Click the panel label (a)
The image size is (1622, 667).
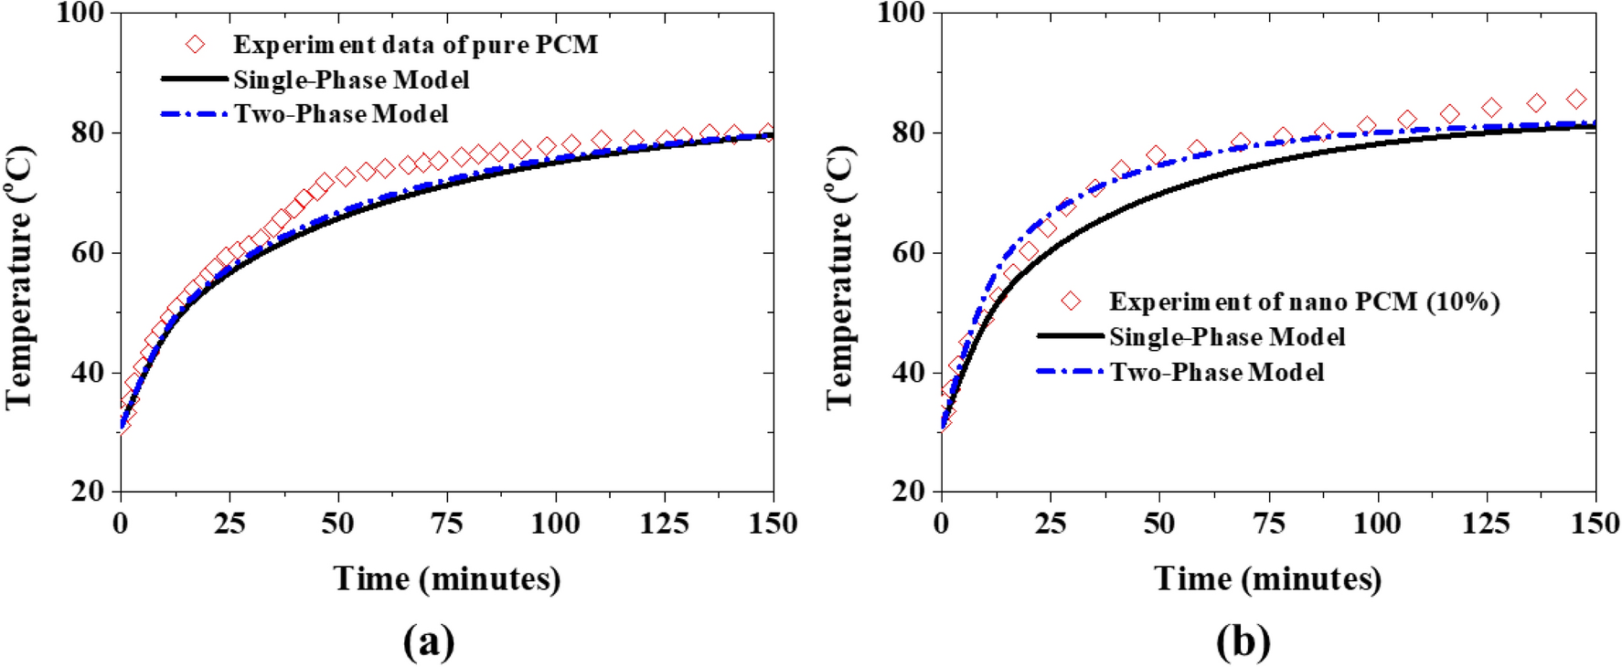point(428,642)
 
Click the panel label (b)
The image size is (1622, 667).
point(1243,642)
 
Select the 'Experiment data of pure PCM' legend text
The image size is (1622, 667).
point(415,45)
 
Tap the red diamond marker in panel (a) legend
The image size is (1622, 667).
point(195,44)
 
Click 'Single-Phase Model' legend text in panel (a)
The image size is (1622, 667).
point(351,80)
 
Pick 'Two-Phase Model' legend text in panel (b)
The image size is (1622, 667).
point(1217,373)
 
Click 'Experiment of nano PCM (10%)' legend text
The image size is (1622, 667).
point(1304,302)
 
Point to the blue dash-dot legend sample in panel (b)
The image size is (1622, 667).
point(1070,372)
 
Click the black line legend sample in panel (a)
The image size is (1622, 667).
point(194,79)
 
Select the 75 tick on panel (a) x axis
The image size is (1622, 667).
point(446,524)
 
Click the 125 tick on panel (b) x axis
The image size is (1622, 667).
point(1486,524)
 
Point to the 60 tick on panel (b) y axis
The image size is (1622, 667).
point(909,253)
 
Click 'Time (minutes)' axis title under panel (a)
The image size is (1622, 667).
point(446,579)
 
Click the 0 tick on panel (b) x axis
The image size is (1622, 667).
point(941,524)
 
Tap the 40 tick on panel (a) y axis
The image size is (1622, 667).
point(88,374)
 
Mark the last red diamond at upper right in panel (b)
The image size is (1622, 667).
point(1576,99)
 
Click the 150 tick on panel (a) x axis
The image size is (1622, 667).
point(773,524)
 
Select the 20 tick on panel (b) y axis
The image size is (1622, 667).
point(909,492)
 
